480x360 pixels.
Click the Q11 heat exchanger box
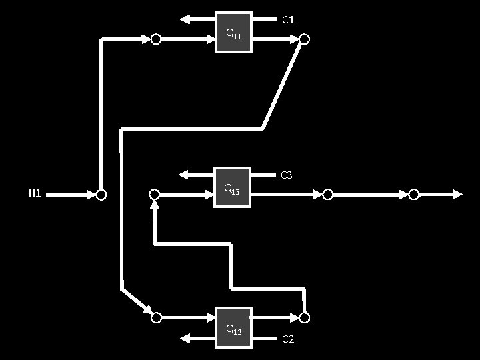pyautogui.click(x=233, y=32)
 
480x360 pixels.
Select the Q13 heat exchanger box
pyautogui.click(x=232, y=187)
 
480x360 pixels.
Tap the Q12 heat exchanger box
pyautogui.click(x=233, y=327)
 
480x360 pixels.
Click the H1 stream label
pyautogui.click(x=35, y=194)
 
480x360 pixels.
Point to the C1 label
pyautogui.click(x=288, y=20)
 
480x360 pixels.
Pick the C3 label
pyautogui.click(x=287, y=175)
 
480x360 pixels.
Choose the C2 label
pyautogui.click(x=288, y=339)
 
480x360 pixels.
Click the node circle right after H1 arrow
pyautogui.click(x=101, y=195)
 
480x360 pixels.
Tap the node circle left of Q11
pyautogui.click(x=155, y=39)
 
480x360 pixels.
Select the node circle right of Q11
pyautogui.click(x=304, y=39)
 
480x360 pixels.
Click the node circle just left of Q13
pyautogui.click(x=155, y=194)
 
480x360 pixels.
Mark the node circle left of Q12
pyautogui.click(x=156, y=317)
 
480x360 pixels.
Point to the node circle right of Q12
pyautogui.click(x=304, y=317)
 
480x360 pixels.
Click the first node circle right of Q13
pyautogui.click(x=327, y=194)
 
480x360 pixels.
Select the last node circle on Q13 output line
pyautogui.click(x=414, y=194)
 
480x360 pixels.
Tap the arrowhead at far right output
pyautogui.click(x=457, y=194)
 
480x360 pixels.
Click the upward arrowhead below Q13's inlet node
pyautogui.click(x=155, y=205)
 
